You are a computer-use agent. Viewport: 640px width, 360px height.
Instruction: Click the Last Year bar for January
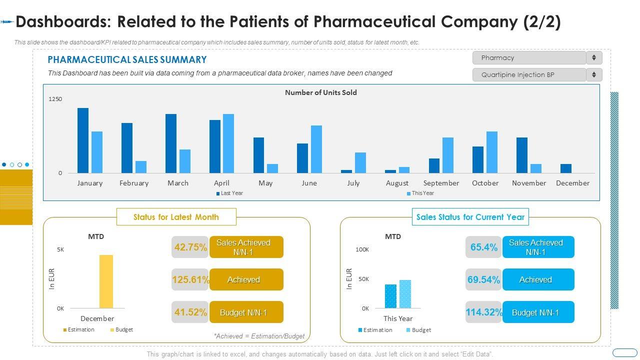[83, 140]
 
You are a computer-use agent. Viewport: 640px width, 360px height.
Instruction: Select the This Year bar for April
[228, 143]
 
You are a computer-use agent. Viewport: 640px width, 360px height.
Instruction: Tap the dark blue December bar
[565, 168]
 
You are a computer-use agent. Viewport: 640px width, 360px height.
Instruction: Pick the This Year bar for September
[447, 155]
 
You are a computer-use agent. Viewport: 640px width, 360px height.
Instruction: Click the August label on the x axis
[397, 183]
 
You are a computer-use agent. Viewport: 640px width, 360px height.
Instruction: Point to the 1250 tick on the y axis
[55, 99]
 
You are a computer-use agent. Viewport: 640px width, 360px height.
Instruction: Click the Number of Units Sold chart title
[321, 92]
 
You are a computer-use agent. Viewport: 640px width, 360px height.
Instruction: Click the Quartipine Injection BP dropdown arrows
[594, 75]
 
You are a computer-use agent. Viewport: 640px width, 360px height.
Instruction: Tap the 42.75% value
[190, 247]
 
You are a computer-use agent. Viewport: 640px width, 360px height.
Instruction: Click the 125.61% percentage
[190, 280]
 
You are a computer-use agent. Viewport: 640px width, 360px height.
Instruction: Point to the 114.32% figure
[483, 312]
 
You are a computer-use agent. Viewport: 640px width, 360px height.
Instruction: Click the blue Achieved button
[538, 280]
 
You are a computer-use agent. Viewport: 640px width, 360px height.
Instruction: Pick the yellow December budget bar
[106, 281]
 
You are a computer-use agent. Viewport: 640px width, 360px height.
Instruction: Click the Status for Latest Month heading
[176, 217]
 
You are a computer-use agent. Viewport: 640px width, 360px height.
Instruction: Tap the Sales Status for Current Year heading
[470, 217]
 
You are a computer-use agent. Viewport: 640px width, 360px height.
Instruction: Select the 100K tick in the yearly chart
[362, 249]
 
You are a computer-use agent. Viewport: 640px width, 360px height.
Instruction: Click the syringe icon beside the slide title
[6, 22]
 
